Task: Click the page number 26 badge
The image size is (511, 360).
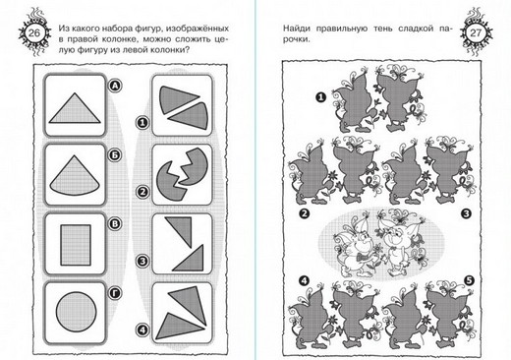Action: (x=33, y=33)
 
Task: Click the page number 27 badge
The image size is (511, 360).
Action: (x=476, y=33)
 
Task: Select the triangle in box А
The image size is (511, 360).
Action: (x=75, y=108)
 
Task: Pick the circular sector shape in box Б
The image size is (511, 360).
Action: (x=75, y=175)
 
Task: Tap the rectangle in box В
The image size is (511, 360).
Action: (x=76, y=245)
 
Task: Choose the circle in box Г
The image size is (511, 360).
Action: (x=77, y=312)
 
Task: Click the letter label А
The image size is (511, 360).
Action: (x=115, y=86)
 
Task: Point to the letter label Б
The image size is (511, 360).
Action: (x=115, y=155)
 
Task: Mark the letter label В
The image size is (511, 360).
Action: (x=115, y=224)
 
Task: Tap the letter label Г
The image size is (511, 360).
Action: (x=115, y=293)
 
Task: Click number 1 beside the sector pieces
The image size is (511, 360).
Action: (x=142, y=123)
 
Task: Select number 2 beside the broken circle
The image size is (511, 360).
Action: (x=142, y=192)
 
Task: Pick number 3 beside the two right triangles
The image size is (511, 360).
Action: (x=142, y=262)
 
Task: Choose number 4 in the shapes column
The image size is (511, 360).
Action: (x=142, y=330)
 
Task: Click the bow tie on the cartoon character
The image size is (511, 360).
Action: (x=361, y=258)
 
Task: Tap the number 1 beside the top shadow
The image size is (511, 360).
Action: (x=320, y=97)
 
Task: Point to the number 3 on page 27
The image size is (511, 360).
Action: (x=466, y=213)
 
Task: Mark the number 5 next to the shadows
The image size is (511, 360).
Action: (x=469, y=280)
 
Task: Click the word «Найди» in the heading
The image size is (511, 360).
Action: (x=297, y=29)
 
